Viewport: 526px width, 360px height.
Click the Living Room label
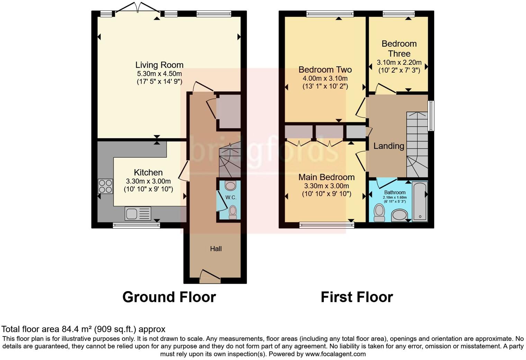159,65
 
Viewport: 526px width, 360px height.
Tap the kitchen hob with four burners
106,186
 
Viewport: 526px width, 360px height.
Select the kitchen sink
138,213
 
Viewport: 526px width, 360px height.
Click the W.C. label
231,197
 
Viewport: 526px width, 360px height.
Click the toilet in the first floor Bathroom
379,212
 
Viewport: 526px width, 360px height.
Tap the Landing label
389,146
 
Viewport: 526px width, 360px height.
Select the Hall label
216,249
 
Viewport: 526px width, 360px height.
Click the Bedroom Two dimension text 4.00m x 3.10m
325,79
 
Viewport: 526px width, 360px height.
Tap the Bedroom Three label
399,48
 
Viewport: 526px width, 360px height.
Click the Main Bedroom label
326,177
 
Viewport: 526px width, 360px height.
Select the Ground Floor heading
169,297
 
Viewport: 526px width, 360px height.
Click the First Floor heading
357,297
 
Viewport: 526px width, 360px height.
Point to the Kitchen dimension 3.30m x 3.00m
148,181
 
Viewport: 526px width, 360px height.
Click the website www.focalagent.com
335,354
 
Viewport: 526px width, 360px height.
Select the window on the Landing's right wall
431,116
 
